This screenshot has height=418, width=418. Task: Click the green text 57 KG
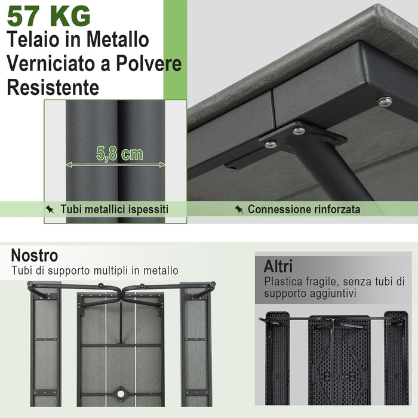coord(49,16)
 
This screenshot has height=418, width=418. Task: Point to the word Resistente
coord(53,87)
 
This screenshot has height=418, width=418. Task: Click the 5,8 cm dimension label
coord(119,154)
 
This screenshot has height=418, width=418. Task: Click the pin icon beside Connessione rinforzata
coord(238,209)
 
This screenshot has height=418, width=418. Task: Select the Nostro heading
coord(35,256)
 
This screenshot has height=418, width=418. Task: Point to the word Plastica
coord(282,282)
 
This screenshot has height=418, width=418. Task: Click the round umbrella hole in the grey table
coord(121,395)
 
